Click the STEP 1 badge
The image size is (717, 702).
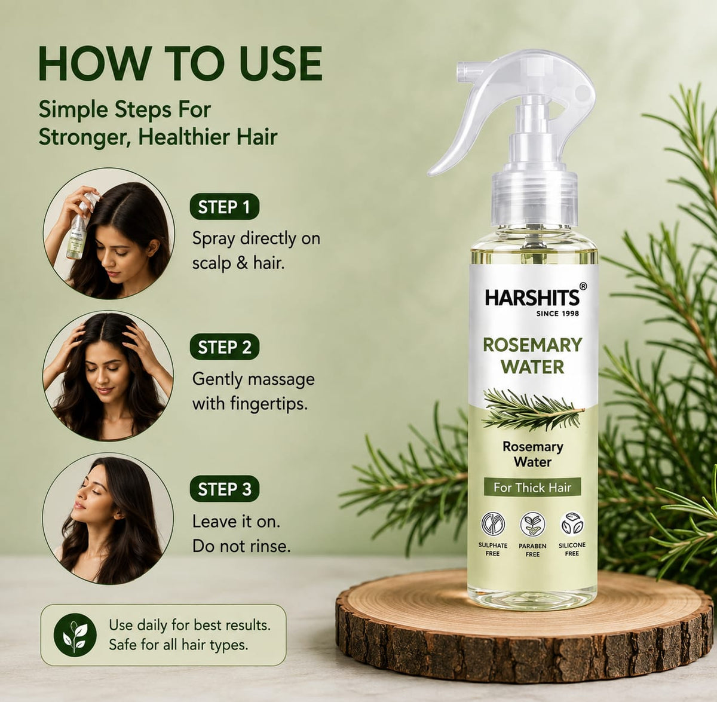225,207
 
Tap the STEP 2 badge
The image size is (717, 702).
225,347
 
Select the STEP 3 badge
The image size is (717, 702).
225,489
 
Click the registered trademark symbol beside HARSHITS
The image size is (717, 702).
583,286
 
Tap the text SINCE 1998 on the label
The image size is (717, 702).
557,314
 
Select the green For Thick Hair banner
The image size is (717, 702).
532,488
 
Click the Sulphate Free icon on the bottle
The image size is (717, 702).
494,523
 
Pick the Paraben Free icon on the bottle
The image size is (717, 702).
532,524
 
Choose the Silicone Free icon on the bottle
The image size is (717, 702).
572,523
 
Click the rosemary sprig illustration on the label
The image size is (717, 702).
532,409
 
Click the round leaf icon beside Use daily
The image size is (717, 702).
75,635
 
